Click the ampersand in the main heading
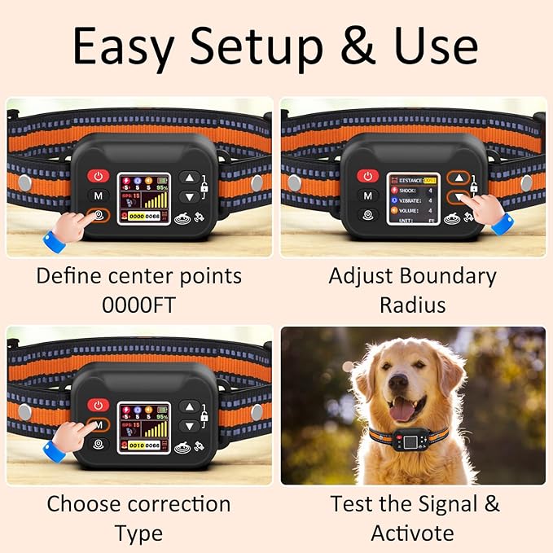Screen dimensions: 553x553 click(358, 48)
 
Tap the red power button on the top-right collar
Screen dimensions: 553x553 click(368, 176)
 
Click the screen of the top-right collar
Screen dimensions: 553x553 click(412, 196)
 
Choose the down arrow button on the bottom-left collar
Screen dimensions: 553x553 click(189, 424)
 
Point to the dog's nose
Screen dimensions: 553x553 click(399, 383)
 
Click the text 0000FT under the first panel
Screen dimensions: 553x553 click(138, 305)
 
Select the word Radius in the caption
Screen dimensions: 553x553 click(412, 305)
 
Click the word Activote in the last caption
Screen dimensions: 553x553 click(412, 533)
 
